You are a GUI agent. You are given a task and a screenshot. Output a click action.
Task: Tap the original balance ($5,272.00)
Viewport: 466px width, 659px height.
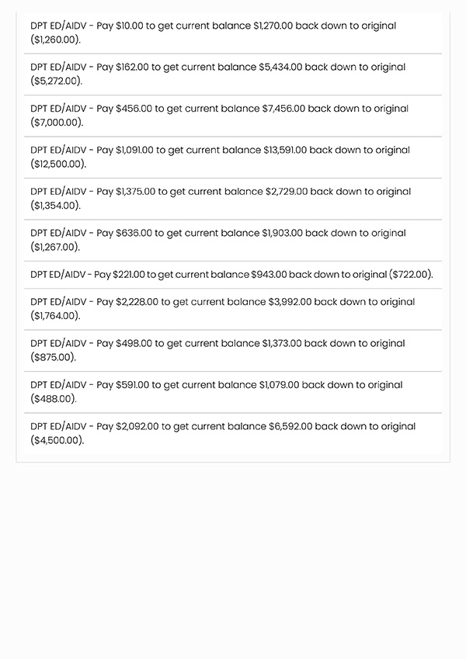click(56, 81)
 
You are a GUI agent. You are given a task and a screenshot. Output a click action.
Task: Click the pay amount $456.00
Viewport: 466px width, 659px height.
click(134, 109)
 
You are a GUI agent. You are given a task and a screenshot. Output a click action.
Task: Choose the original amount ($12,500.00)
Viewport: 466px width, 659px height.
click(58, 164)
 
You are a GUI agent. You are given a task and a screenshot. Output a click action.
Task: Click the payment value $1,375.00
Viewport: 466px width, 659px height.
click(135, 192)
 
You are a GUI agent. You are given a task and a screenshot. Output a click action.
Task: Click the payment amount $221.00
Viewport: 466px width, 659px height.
click(129, 275)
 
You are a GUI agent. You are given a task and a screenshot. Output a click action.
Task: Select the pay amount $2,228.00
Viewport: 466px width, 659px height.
click(137, 302)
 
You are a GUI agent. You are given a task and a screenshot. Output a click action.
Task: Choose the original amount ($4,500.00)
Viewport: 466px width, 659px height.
click(57, 440)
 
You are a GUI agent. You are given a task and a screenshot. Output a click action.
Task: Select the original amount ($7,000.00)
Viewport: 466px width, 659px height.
click(57, 123)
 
